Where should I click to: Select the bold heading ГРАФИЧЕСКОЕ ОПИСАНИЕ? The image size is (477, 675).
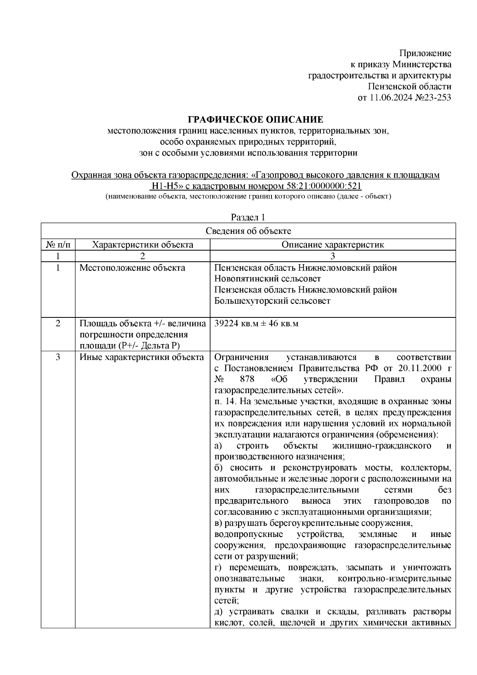point(255,120)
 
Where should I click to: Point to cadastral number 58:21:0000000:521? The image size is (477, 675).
point(323,187)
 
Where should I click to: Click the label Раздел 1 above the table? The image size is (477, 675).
point(248,218)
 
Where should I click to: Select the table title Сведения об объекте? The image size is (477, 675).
point(248,231)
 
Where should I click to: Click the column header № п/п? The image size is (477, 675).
point(58,245)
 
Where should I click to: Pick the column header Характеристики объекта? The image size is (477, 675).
point(142,245)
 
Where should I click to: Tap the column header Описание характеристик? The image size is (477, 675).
point(333,245)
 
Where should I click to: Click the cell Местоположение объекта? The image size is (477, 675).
point(132,268)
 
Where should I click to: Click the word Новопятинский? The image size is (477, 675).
point(247,279)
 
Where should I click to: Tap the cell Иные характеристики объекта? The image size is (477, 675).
point(142,357)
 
